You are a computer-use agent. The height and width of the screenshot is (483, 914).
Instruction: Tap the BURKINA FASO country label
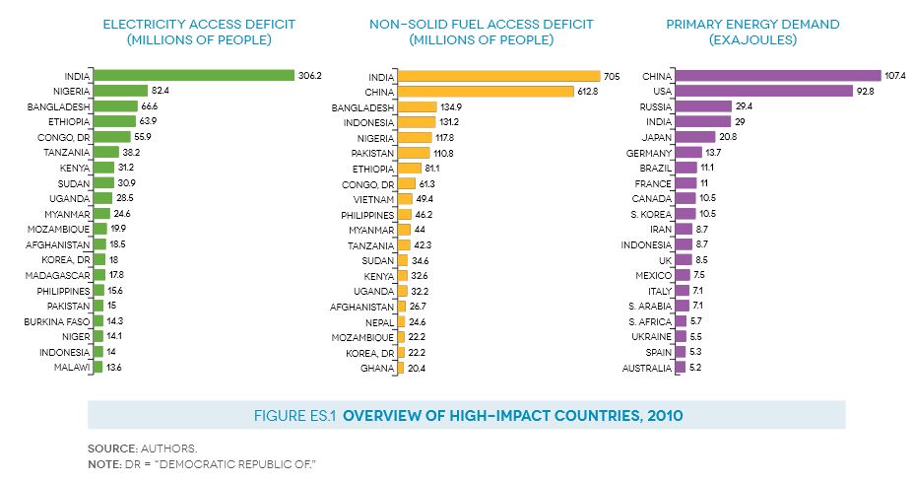(58, 321)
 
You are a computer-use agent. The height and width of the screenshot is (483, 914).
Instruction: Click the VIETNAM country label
(372, 198)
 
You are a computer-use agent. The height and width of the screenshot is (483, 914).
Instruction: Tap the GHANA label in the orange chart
(377, 368)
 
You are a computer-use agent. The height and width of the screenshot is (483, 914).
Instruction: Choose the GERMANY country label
(649, 153)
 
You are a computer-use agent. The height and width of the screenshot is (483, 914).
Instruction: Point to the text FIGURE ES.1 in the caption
(294, 416)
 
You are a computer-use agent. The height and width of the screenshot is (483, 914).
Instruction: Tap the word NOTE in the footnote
(105, 463)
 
